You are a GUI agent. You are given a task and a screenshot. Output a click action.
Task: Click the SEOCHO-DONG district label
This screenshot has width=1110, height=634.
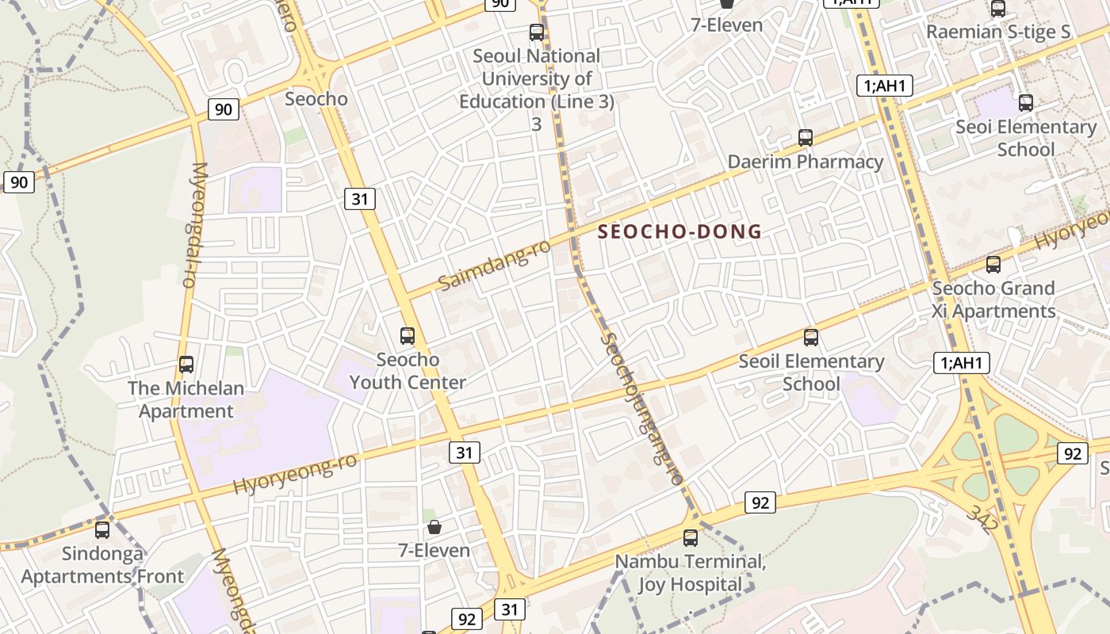coord(679,231)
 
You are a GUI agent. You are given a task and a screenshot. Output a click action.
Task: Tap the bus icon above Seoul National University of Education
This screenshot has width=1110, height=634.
coord(537,32)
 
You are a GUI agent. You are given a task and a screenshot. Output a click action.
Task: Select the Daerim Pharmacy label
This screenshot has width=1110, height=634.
coord(806,162)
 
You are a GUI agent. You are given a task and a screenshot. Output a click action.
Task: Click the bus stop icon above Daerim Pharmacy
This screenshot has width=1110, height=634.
coord(806,138)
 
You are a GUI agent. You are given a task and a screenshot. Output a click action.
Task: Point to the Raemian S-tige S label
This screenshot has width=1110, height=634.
coord(998,32)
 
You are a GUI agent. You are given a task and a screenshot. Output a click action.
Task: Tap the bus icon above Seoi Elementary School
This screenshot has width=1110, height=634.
coord(1026,102)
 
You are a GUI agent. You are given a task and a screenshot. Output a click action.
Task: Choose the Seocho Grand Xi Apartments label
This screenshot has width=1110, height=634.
coord(993,300)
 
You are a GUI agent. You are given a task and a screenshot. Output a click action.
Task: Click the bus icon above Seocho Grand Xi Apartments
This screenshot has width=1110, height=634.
coord(993,265)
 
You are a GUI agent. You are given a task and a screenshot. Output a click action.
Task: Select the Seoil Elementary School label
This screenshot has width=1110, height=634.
coord(811,372)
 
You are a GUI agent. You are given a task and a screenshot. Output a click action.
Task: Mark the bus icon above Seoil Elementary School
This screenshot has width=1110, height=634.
coord(810,338)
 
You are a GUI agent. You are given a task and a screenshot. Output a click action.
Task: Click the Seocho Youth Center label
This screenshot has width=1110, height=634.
coord(408,371)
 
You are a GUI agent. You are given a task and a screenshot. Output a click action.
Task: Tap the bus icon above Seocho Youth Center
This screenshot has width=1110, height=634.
coord(408,335)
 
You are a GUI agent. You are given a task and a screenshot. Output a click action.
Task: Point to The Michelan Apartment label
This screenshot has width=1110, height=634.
coord(186,399)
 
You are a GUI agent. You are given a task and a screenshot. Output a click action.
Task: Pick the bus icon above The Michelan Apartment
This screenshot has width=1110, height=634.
coord(186,365)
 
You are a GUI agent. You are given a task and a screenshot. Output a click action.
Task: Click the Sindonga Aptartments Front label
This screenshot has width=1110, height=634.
coord(102,565)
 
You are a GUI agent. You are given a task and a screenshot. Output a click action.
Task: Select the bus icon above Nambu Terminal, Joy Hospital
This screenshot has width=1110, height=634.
coord(691,538)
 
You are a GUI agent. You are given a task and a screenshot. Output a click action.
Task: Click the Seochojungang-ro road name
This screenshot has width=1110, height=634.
coord(641,408)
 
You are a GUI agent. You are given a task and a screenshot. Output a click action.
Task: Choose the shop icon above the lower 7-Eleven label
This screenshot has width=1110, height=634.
coord(434,527)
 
